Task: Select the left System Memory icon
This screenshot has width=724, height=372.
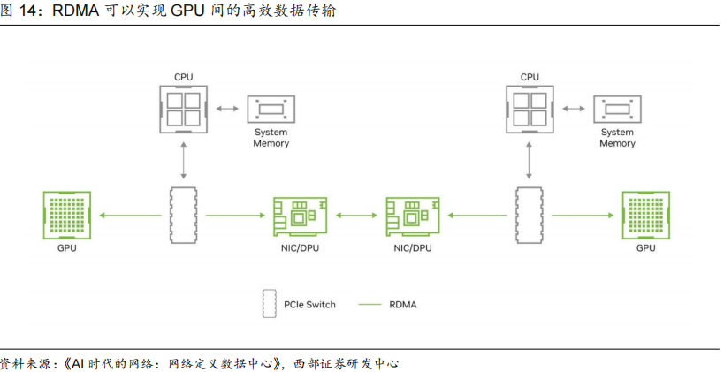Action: tap(271, 110)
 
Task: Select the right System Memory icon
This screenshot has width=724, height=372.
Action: tap(617, 110)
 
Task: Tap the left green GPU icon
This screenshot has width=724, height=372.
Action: tap(67, 215)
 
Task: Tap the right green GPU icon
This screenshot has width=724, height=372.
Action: tap(646, 215)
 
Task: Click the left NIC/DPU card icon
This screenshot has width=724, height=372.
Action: tap(299, 215)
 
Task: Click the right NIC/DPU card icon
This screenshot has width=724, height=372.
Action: tap(413, 215)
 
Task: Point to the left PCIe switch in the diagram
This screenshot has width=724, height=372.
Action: tap(183, 215)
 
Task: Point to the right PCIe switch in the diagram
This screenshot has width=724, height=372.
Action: tap(530, 215)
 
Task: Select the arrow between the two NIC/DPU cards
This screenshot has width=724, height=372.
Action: tap(355, 215)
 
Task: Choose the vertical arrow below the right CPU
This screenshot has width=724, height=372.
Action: tap(530, 159)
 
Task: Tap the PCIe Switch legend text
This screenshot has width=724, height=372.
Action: tap(309, 305)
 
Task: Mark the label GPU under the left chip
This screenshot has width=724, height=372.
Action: tap(67, 249)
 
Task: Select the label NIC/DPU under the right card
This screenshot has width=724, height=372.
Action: tap(413, 249)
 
